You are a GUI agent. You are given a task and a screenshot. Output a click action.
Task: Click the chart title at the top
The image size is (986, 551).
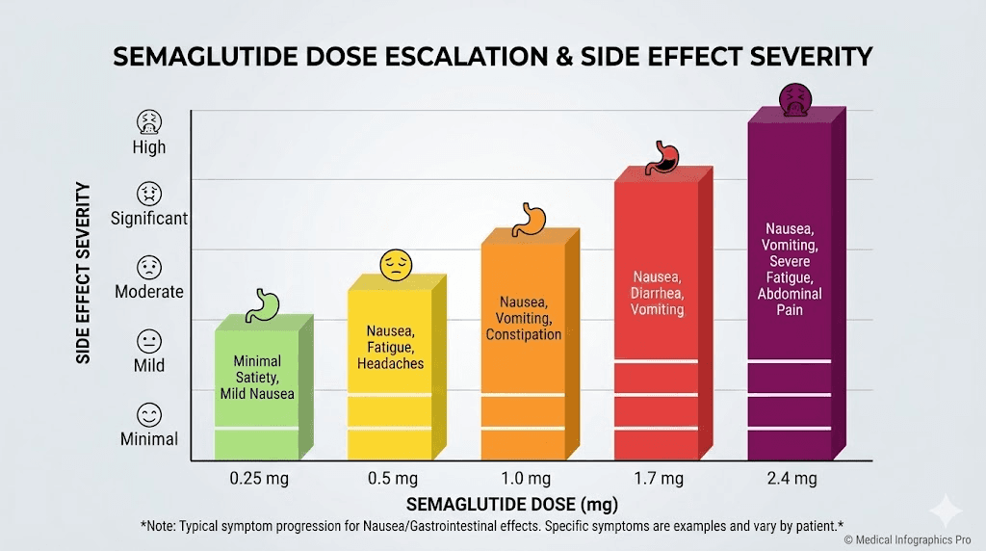[493, 57]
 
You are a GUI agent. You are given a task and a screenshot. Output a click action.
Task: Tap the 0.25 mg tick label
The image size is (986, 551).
[258, 479]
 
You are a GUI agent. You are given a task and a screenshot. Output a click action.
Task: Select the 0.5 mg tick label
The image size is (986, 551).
[392, 479]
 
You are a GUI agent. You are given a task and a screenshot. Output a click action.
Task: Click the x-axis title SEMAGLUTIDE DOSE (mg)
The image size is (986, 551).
[511, 504]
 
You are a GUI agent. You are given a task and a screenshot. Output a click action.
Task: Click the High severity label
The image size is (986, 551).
[149, 147]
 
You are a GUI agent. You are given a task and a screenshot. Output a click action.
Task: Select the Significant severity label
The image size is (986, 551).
[149, 219]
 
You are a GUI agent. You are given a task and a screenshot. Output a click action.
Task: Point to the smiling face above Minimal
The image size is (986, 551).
[149, 416]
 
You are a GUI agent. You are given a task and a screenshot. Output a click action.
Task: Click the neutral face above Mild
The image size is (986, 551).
[149, 341]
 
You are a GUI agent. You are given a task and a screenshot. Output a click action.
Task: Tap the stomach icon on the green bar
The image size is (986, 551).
[263, 304]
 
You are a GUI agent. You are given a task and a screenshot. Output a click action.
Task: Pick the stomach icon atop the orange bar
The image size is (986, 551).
[528, 219]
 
